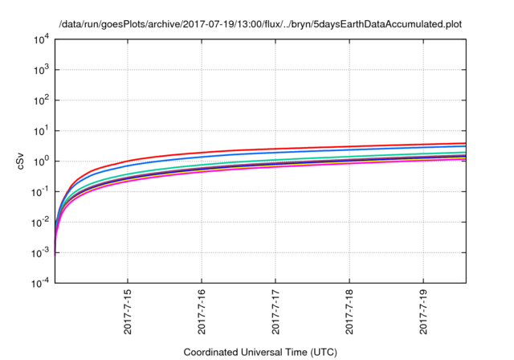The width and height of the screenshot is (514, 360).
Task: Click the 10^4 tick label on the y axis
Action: (42, 39)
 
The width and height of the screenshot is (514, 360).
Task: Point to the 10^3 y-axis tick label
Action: (42, 70)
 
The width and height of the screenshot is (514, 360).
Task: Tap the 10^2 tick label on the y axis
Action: (42, 100)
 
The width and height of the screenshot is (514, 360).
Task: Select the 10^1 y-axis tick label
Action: (42, 130)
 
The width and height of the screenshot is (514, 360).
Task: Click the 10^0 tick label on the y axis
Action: (42, 161)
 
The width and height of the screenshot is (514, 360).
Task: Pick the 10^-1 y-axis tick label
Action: (40, 191)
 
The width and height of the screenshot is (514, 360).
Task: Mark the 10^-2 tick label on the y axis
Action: (40, 222)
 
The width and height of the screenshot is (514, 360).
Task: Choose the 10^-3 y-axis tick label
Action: (40, 252)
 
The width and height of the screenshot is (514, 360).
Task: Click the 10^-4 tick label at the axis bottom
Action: (40, 282)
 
